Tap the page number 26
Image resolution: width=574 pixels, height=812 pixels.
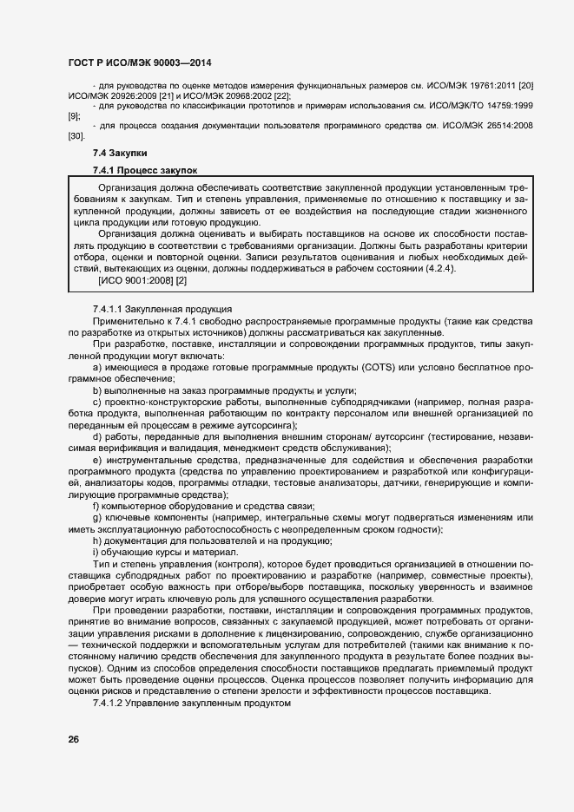[74, 739]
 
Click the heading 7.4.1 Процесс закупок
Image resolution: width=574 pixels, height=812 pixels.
[145, 170]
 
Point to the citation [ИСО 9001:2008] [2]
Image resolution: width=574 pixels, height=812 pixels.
[142, 281]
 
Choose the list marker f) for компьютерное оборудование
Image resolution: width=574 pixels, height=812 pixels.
[96, 506]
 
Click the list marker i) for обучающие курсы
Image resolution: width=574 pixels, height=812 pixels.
[96, 553]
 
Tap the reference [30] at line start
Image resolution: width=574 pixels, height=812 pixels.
[76, 137]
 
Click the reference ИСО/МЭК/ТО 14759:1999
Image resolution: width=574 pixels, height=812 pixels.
[474, 105]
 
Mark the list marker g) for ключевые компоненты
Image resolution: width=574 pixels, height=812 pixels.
[97, 518]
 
